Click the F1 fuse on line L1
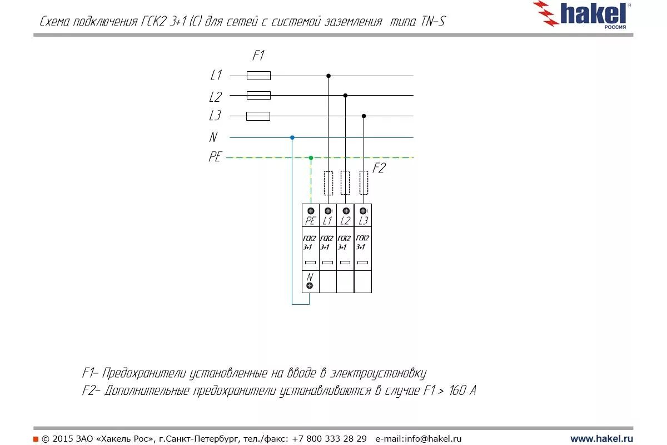[x=258, y=76]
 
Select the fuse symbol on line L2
[x=258, y=95]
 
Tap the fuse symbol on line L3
[x=258, y=116]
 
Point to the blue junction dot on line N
[x=292, y=137]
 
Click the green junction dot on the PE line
[x=311, y=158]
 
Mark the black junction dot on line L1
[x=328, y=76]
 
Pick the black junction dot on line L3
[x=364, y=116]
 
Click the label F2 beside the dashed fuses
[x=379, y=168]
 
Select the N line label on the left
[x=213, y=137]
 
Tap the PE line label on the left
[x=215, y=157]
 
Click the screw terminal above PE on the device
[x=311, y=211]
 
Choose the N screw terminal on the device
[x=310, y=285]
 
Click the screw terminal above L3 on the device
[x=363, y=211]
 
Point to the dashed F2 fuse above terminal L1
[x=328, y=183]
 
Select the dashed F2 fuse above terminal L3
[x=364, y=183]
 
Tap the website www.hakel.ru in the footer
[x=601, y=439]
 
